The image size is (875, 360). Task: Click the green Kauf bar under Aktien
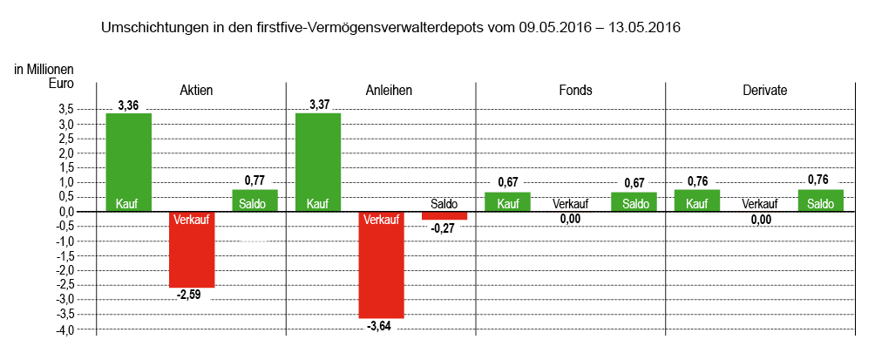pos(128,162)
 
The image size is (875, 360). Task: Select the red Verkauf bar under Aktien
pos(192,249)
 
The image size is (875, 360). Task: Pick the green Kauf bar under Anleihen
pos(318,162)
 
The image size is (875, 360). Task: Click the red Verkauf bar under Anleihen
pos(382,265)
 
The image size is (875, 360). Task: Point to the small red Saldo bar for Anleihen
pos(444,215)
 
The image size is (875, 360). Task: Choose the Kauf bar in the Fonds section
pos(508,201)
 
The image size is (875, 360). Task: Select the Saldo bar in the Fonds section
pos(634,201)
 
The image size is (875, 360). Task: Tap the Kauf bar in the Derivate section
pos(697,200)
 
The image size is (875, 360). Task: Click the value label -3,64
pos(381,326)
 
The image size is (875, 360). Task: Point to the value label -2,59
pos(191,295)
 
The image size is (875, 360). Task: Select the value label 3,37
pos(318,105)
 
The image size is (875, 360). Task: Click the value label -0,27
pos(444,228)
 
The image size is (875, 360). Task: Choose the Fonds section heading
pos(571,90)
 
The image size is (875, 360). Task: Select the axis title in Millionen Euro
pos(44,76)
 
